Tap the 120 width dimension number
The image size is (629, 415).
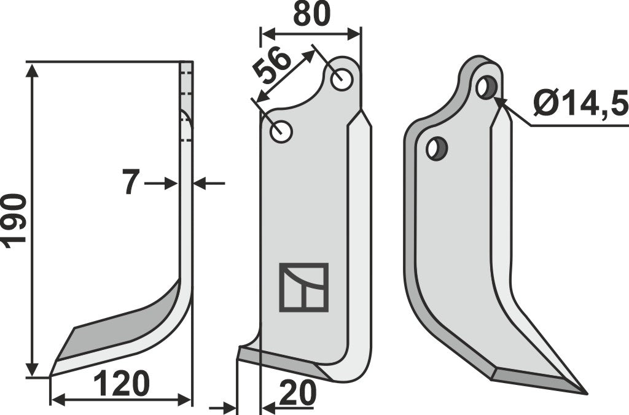[121, 385]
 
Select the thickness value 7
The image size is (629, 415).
[130, 182]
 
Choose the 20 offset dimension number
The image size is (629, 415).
[297, 392]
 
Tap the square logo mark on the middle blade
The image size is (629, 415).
[303, 287]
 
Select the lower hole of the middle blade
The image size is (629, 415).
[282, 131]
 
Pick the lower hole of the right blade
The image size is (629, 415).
[437, 149]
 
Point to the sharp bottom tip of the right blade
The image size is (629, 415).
[585, 393]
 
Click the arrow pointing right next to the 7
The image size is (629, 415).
[171, 183]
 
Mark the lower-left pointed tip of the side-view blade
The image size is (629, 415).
[51, 374]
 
